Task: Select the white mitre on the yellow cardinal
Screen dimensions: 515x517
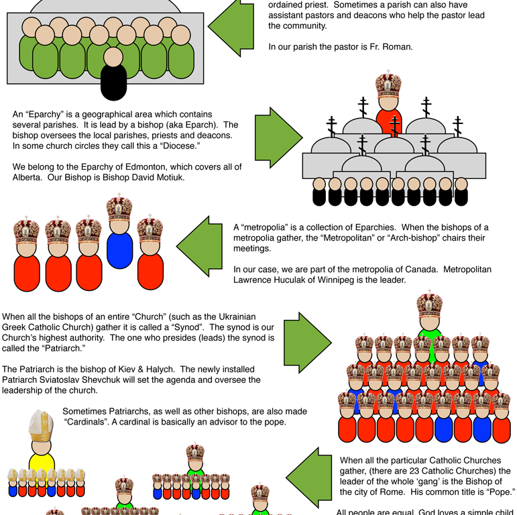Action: point(41,424)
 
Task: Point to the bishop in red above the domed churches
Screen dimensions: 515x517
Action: point(388,114)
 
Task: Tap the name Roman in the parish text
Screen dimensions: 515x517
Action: point(396,47)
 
